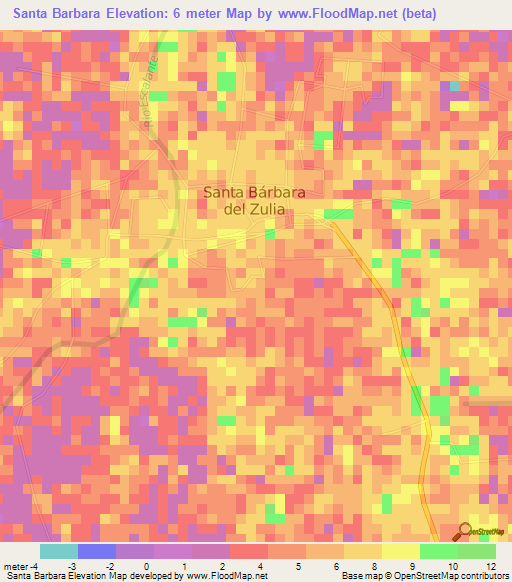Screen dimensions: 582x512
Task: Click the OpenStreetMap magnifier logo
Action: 466,533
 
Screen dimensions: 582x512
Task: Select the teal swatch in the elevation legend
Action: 59,551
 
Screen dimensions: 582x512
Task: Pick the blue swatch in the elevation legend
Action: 97,551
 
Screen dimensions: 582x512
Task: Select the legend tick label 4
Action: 262,566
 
